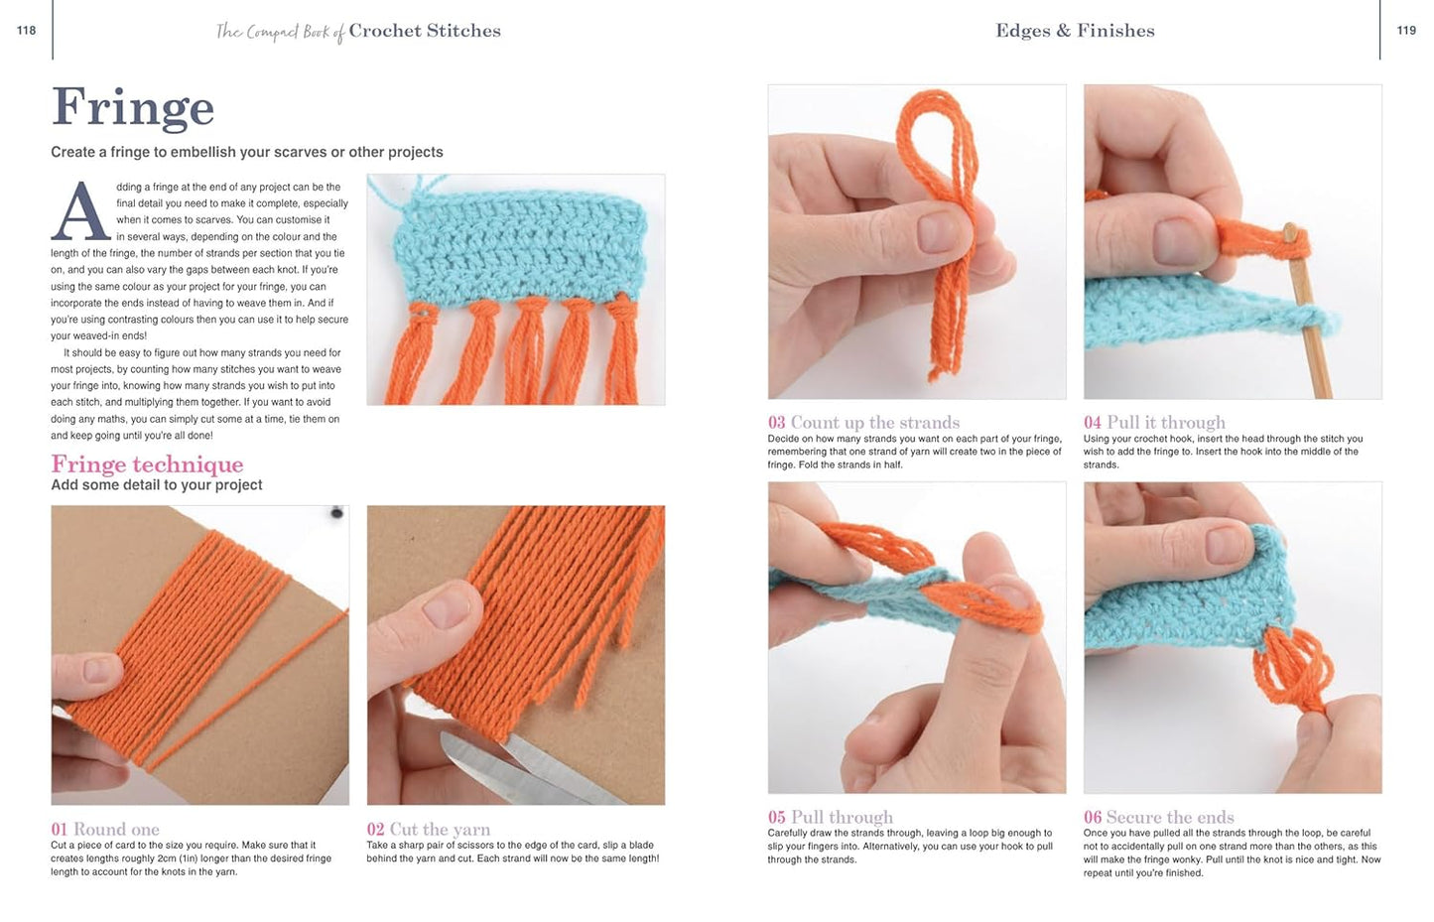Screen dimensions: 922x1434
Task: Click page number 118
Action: pyautogui.click(x=26, y=31)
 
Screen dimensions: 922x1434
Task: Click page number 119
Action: pyautogui.click(x=1406, y=31)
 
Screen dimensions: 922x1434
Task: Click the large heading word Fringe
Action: pyautogui.click(x=133, y=108)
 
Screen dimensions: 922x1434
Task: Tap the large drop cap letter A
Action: pyautogui.click(x=79, y=211)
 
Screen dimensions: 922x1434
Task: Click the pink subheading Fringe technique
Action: pyautogui.click(x=147, y=464)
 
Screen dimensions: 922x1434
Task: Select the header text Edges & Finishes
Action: pyautogui.click(x=1075, y=31)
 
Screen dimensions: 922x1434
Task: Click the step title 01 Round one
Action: pyautogui.click(x=105, y=829)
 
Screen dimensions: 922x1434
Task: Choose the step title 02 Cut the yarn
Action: pyautogui.click(x=428, y=829)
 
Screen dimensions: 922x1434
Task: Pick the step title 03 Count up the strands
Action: pyautogui.click(x=863, y=422)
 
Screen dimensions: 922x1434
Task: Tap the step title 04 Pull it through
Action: pyautogui.click(x=1154, y=422)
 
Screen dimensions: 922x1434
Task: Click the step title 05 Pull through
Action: pyautogui.click(x=830, y=817)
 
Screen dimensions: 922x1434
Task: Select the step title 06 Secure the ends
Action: pyautogui.click(x=1158, y=817)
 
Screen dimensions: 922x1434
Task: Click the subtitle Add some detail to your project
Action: pyautogui.click(x=157, y=485)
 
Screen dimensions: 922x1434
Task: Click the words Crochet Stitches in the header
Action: pyautogui.click(x=424, y=31)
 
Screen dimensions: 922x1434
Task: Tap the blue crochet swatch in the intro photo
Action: pyautogui.click(x=516, y=248)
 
